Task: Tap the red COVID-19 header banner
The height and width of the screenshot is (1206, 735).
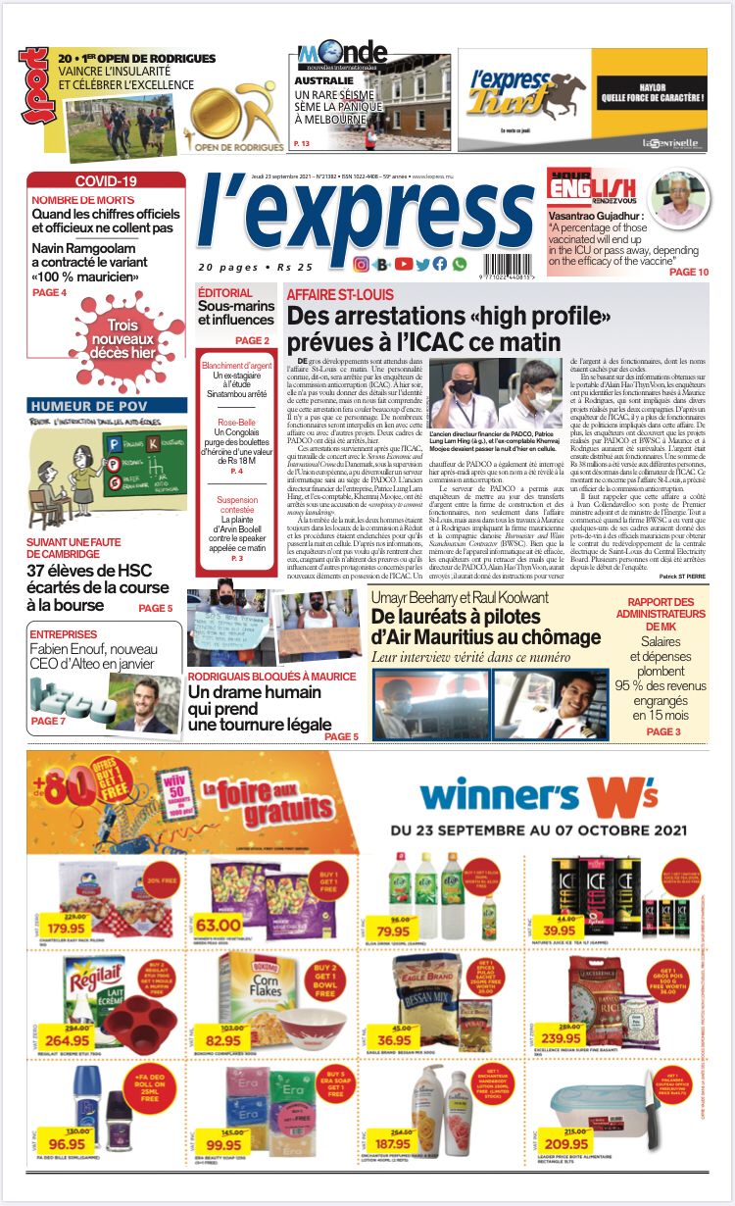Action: click(x=106, y=180)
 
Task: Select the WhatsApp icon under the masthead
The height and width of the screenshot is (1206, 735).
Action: click(x=460, y=264)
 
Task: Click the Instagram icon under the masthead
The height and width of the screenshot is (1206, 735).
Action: click(x=361, y=264)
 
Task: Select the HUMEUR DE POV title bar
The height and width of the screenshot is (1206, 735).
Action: click(x=88, y=405)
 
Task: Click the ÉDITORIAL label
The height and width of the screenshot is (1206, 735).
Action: click(x=224, y=293)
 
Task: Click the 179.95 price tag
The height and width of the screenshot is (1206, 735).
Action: click(x=69, y=927)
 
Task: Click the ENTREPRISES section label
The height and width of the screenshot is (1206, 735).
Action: click(x=63, y=634)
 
